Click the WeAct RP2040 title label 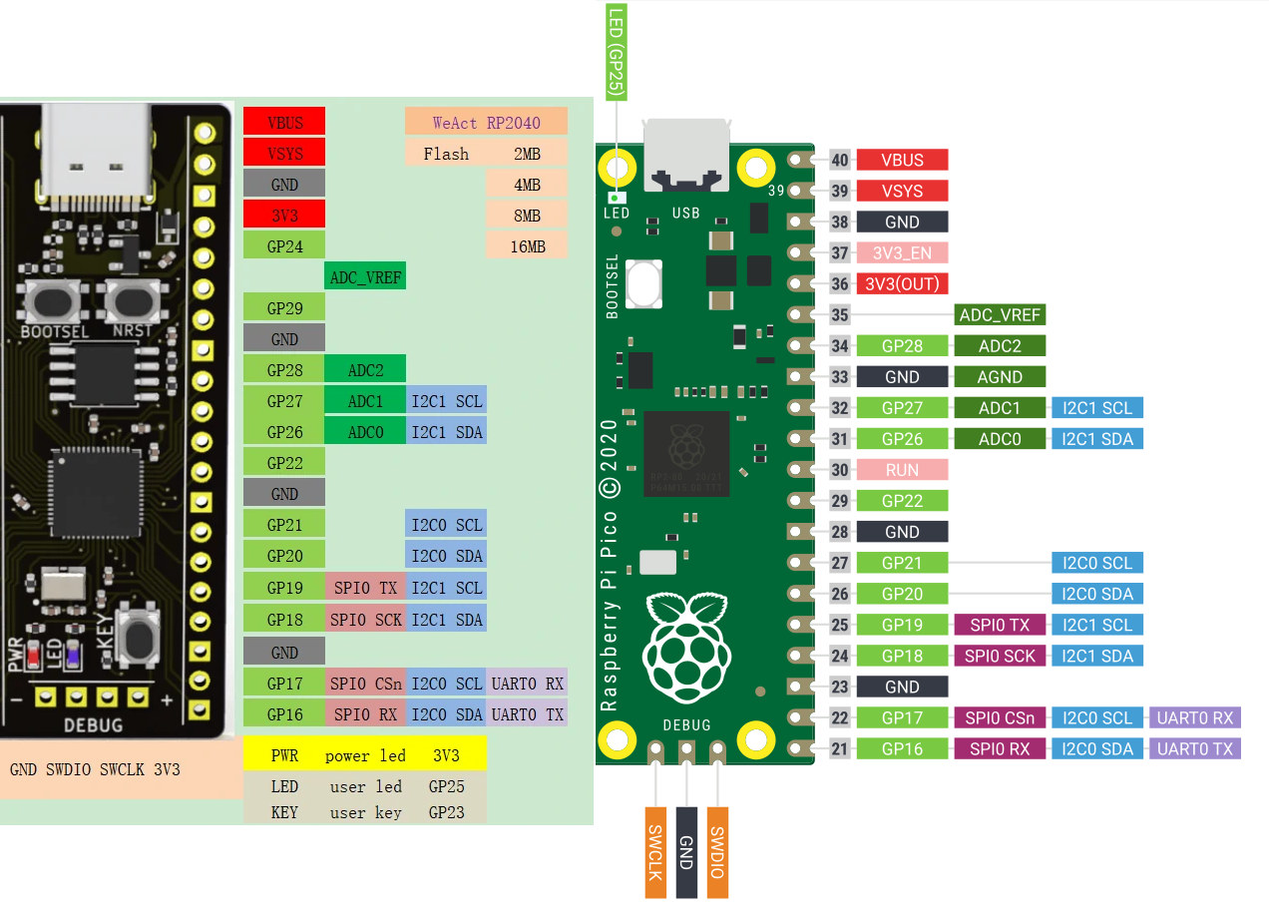pos(486,122)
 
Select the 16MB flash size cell pos(527,246)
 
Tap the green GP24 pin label pos(284,246)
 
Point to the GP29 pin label pos(284,308)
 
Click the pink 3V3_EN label pos(902,252)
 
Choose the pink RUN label pos(902,470)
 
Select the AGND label pos(1000,377)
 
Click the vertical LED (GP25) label pos(617,52)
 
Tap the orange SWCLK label pos(655,852)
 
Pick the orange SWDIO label pos(717,852)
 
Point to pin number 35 pos(840,314)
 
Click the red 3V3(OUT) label pos(902,284)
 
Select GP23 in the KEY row pos(446,812)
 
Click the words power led pos(365,755)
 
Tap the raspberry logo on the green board pos(686,648)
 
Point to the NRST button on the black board pos(133,301)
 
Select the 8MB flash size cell pos(527,216)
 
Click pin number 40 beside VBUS pos(840,160)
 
